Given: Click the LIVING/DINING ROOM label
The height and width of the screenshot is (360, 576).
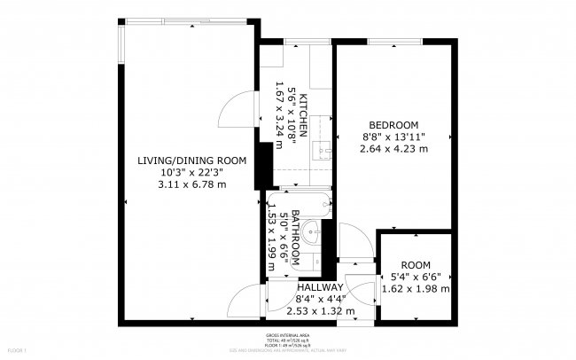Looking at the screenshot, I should tap(191, 160).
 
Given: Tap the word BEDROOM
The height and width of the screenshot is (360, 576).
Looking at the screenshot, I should tap(393, 124).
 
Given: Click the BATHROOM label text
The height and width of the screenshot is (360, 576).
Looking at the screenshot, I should tap(297, 239).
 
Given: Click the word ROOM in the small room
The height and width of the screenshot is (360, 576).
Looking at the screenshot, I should tap(416, 264).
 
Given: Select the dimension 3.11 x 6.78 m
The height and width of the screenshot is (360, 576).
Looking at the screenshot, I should tap(191, 184).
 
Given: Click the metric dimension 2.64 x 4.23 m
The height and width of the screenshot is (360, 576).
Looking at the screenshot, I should tap(393, 148).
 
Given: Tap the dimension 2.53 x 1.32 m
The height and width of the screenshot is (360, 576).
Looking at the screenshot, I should tap(320, 311).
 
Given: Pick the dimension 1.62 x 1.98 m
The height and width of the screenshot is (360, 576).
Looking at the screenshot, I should tap(416, 288).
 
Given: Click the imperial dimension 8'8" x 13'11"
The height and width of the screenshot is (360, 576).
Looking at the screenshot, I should tap(393, 137).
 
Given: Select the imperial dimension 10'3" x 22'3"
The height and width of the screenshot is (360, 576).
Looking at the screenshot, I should tap(191, 172).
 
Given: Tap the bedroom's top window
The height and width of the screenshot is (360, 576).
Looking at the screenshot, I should tap(394, 43).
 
